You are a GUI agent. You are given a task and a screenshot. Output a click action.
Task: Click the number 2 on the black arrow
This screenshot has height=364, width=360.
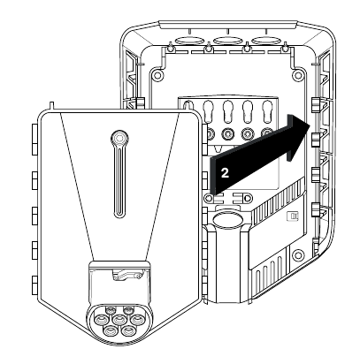click(x=225, y=173)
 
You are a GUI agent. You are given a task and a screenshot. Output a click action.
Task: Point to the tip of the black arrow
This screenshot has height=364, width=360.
click(x=310, y=124)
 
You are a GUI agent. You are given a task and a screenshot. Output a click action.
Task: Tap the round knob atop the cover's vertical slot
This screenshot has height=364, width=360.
click(x=119, y=138)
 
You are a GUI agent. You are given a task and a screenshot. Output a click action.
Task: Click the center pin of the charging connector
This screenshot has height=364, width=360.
click(x=119, y=319)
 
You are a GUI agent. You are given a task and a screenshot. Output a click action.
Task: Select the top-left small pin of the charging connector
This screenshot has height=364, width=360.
click(x=111, y=309)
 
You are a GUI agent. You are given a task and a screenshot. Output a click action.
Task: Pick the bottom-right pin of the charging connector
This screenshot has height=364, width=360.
click(x=128, y=330)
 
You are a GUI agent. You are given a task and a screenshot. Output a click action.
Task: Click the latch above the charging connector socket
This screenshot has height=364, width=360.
click(x=126, y=276)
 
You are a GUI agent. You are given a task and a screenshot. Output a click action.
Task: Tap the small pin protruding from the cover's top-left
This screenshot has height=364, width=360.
click(x=52, y=105)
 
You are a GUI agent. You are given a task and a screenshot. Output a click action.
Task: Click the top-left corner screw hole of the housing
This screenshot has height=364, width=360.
click(x=157, y=75)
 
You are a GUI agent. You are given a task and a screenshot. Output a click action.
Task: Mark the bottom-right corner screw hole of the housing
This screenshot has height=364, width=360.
click(x=298, y=254)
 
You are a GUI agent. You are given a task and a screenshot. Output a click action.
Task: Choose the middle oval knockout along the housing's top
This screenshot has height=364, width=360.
click(x=227, y=41)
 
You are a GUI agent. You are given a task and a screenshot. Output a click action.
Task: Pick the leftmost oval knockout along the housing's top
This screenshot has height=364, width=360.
click(x=189, y=41)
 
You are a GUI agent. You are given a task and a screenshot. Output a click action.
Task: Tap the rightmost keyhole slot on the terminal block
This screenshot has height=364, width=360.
click(x=267, y=111)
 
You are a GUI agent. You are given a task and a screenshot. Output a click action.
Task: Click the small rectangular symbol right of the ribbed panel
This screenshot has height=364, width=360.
click(x=293, y=216)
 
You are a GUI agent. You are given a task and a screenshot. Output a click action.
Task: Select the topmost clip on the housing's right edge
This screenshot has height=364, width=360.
click(x=316, y=105)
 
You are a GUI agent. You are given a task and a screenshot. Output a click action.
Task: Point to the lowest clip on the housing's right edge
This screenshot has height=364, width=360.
click(x=315, y=209)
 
